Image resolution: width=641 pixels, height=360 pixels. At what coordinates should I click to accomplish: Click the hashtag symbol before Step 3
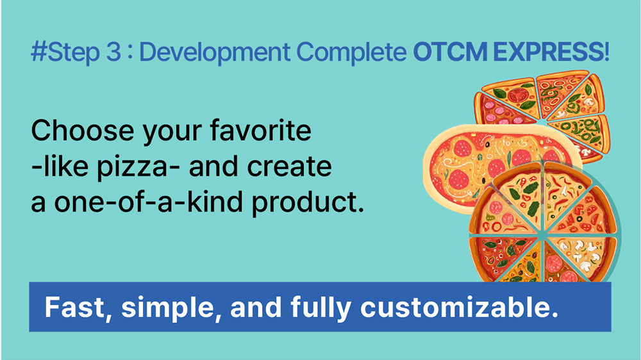39,52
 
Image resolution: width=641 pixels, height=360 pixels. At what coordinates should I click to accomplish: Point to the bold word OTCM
450,52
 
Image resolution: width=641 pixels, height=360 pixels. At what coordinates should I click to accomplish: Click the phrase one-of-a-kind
149,202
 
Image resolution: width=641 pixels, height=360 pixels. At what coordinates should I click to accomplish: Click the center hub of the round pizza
542,235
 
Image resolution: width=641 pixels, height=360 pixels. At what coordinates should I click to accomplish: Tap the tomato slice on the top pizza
519,95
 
